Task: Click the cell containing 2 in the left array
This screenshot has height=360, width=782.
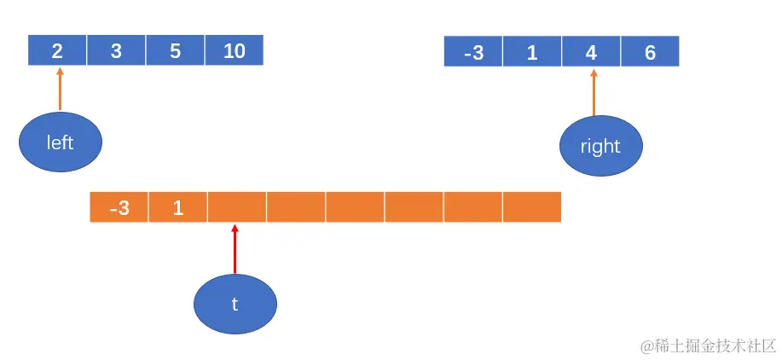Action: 57,50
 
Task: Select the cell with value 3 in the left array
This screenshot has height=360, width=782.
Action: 116,50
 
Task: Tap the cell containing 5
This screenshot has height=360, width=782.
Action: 175,50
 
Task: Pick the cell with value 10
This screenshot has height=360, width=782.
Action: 234,50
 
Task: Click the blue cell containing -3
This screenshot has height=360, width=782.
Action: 473,52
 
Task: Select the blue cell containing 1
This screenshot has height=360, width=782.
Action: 532,52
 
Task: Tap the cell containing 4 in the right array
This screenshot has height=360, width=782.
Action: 591,52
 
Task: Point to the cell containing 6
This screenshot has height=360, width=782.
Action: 650,52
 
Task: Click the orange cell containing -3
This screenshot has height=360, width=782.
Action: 119,207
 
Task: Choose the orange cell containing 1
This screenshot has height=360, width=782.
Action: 178,207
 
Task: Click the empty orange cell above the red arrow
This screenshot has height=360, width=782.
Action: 237,207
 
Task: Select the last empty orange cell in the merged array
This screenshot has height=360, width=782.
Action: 532,207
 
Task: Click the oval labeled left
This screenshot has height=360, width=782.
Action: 61,142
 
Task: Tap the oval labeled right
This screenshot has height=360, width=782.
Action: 600,146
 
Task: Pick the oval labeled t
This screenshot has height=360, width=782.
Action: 235,304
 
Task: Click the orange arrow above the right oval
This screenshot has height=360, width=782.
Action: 594,92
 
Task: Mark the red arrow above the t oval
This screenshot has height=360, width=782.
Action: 235,249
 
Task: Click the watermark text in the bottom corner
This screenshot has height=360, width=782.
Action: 708,345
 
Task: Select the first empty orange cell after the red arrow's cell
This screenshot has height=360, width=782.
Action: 296,207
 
